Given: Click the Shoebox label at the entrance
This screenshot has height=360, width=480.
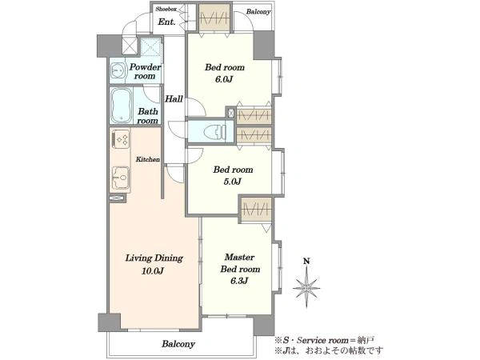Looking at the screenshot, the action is (x=166, y=9).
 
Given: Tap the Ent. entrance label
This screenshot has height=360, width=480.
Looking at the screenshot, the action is (x=166, y=22).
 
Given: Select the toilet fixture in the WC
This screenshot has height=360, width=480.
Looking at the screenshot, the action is (x=215, y=132).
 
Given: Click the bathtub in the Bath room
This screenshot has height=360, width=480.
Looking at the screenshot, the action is (x=122, y=106).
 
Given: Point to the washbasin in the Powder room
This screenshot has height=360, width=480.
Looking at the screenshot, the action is (x=118, y=71).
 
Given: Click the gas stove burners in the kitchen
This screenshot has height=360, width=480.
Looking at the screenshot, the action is (x=121, y=139).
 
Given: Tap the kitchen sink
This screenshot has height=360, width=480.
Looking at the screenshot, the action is (x=121, y=178).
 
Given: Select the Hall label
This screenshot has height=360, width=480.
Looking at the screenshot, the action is (x=174, y=99).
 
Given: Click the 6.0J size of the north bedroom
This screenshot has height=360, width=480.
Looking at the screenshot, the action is (x=224, y=79).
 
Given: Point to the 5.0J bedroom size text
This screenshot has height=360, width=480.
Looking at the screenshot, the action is (x=232, y=182).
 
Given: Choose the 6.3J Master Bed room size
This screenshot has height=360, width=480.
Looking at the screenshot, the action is (x=239, y=281).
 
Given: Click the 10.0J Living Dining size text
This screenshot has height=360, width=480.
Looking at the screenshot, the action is (x=153, y=271).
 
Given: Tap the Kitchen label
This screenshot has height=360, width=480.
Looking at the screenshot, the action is (x=148, y=159).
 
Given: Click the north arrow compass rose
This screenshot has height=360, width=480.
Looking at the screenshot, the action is (x=306, y=288).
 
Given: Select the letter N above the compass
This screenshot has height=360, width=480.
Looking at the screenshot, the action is (x=306, y=261).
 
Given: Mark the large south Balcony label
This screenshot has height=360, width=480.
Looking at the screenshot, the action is (x=178, y=344).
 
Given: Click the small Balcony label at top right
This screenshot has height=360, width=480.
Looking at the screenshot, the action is (x=258, y=12).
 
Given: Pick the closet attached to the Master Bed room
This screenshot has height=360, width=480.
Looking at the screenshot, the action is (x=257, y=210).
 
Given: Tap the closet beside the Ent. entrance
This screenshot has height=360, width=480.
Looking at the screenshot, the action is (x=214, y=17).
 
